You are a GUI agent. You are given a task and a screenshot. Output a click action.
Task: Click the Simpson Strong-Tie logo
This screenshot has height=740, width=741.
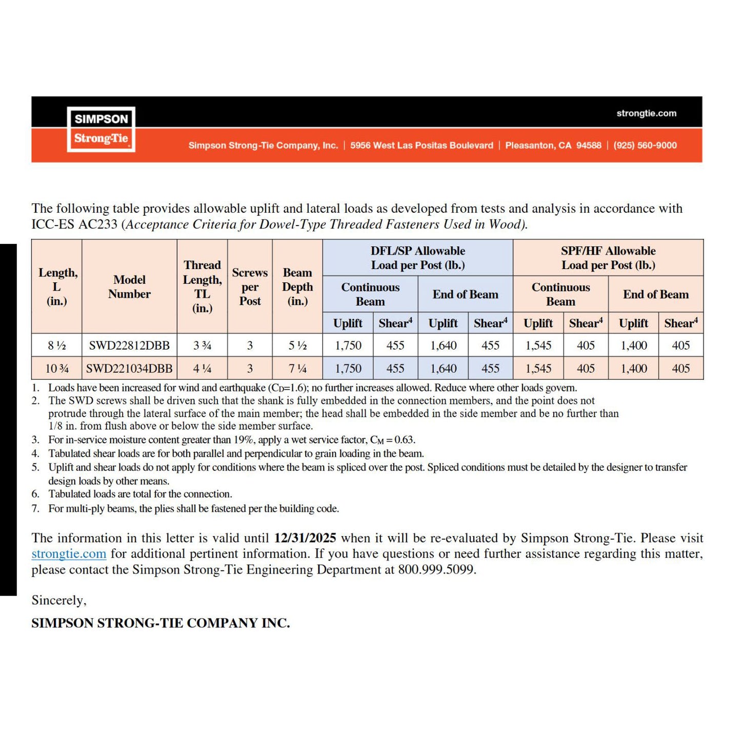coord(101,129)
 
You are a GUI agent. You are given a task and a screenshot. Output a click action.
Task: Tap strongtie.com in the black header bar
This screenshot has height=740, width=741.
coord(646,113)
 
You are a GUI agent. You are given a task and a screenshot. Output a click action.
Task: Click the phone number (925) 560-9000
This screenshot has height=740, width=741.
coord(645,146)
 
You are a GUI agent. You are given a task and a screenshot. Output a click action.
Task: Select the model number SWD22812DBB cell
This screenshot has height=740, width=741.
coord(129,345)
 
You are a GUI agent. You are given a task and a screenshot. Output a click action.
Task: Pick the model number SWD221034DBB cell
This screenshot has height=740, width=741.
coord(129,368)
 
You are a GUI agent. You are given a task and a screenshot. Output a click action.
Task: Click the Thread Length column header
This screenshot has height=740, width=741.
coord(202,286)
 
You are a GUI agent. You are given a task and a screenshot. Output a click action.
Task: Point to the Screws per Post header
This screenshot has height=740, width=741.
coord(250,286)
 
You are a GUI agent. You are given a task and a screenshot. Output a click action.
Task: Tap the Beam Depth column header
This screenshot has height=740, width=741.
coord(297,286)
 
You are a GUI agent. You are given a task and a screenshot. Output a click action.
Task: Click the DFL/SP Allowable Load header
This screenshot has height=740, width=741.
coord(418,258)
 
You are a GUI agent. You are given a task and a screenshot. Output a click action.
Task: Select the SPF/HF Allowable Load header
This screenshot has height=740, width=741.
coord(608,258)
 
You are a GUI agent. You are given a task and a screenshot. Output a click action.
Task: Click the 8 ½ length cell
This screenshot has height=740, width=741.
coord(56,345)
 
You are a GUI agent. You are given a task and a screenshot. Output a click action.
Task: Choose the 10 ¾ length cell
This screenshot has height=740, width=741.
coord(56,368)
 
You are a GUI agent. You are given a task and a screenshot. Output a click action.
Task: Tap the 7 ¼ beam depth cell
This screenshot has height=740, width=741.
coord(297,368)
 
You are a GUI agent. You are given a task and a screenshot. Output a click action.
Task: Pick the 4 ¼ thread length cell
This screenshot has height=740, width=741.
coord(202,368)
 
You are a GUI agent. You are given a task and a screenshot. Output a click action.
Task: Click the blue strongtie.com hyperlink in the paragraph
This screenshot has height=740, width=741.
coord(69,554)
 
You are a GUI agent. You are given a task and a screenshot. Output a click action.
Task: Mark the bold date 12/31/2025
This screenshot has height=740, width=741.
coord(305,538)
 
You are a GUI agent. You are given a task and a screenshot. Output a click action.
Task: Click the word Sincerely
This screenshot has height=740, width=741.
coord(58,600)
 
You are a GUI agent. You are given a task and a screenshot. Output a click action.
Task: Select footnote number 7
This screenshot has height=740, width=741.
coord(35,508)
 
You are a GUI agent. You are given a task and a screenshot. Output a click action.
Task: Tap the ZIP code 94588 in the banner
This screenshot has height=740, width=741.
coord(589,146)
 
